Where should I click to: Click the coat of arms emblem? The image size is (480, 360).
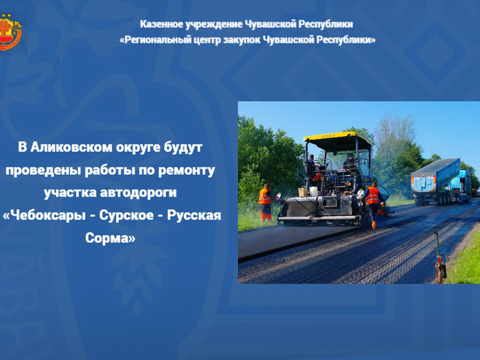(x=10, y=32)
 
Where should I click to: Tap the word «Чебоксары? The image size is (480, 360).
(x=44, y=214)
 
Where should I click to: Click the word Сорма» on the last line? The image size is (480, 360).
(x=111, y=237)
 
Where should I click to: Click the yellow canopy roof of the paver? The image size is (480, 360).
(x=338, y=137)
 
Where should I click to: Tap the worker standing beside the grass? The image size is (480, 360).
(x=265, y=202)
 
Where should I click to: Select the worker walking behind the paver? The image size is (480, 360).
(x=373, y=204)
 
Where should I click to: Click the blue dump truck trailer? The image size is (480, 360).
(x=436, y=175)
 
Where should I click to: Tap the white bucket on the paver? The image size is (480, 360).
(x=302, y=192)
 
